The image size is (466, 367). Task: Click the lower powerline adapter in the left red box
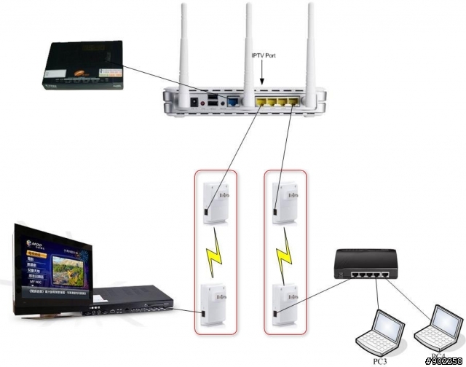click(x=216, y=307)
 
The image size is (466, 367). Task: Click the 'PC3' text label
click(x=380, y=360)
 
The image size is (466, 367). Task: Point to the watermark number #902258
click(x=444, y=360)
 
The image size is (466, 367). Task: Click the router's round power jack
click(x=194, y=103)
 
